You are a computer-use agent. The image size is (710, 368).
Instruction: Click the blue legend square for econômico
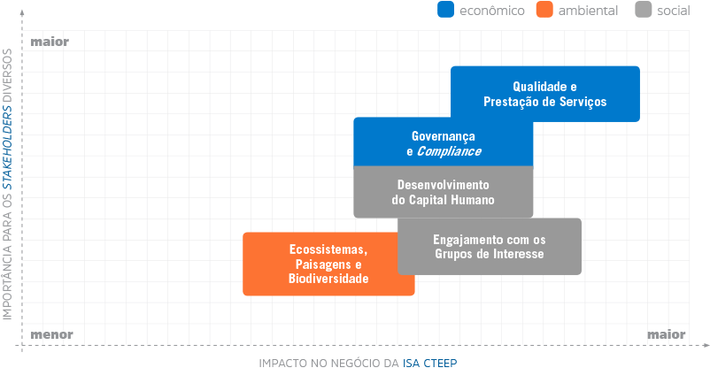click(x=445, y=10)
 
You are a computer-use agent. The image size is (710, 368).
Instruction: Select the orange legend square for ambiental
click(x=544, y=10)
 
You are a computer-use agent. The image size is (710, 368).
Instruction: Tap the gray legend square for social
click(x=644, y=10)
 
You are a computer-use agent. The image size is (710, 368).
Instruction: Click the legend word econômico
click(x=491, y=11)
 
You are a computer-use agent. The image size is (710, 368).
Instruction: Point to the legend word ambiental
click(x=588, y=11)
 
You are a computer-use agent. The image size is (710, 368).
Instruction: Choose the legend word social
click(x=674, y=11)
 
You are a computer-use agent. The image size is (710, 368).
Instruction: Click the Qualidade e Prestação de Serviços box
click(x=545, y=94)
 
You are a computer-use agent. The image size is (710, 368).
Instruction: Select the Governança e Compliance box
click(x=444, y=142)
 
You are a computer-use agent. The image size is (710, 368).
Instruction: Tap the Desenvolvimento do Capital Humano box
click(x=444, y=192)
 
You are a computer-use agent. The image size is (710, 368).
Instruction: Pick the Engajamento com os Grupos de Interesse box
click(x=490, y=246)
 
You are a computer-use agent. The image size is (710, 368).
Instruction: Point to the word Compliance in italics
click(x=449, y=151)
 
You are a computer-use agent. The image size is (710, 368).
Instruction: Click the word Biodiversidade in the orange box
click(x=328, y=279)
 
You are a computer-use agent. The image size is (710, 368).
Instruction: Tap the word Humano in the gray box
click(x=475, y=200)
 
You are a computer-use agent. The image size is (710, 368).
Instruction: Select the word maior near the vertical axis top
click(x=50, y=42)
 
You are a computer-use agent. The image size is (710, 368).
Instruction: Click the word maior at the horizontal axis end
click(x=666, y=334)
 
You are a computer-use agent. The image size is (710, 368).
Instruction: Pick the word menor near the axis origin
click(x=51, y=334)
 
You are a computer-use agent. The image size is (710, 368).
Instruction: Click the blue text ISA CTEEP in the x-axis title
click(x=429, y=363)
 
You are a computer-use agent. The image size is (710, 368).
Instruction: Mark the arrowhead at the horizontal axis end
click(x=706, y=345)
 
